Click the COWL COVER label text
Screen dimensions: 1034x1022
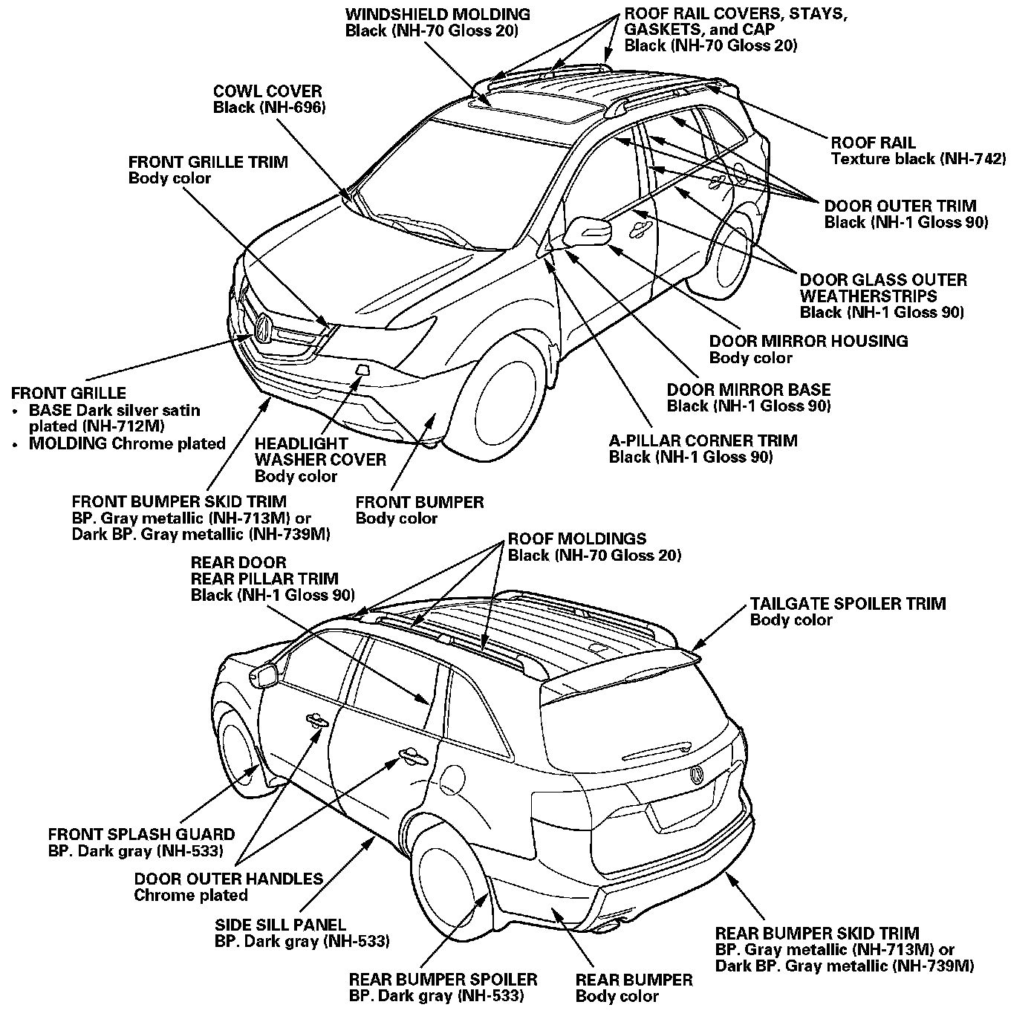tap(269, 100)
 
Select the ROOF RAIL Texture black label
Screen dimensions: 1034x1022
tap(917, 151)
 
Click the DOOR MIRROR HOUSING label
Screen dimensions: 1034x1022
tap(808, 349)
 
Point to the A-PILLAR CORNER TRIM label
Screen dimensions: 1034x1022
tap(703, 449)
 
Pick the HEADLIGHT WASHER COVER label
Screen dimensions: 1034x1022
tap(320, 460)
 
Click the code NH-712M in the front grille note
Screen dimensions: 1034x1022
tap(131, 426)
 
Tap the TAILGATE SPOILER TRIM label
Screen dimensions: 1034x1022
tap(848, 611)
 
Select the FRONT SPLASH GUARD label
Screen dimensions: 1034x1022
tap(142, 842)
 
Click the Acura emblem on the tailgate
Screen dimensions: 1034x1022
tap(697, 775)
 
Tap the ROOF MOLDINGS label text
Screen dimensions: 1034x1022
tap(594, 547)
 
